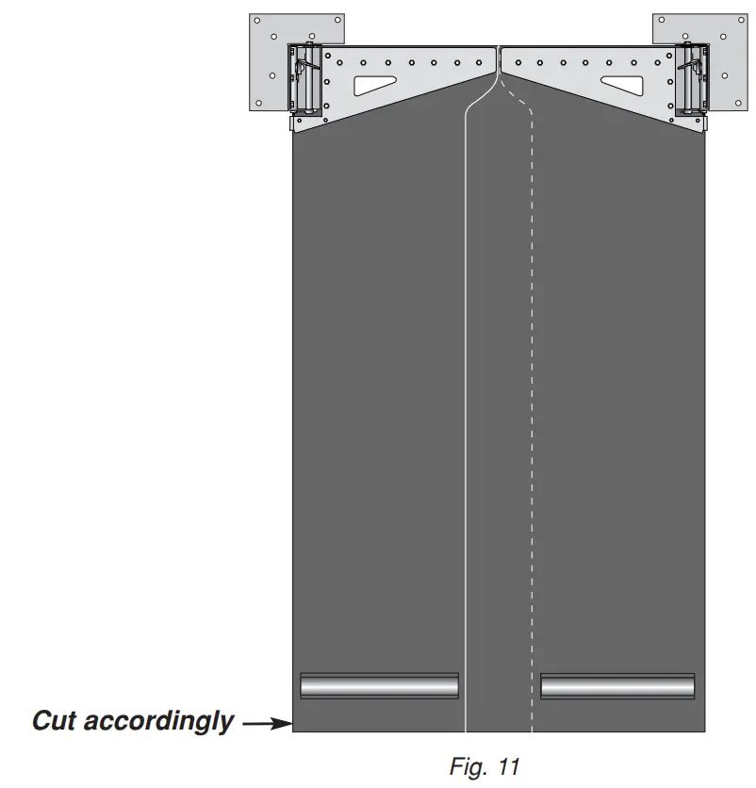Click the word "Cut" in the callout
pos(55,721)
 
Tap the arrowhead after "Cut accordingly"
pos(282,724)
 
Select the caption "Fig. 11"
pos(484,767)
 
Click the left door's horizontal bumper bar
pos(379,685)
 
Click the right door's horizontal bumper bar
pos(617,685)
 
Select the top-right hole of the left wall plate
pos(336,21)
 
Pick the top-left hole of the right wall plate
pos(662,21)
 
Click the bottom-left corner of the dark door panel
pos(293,731)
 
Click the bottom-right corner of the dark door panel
pos(705,731)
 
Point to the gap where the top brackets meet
pos(499,57)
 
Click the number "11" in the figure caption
pos(509,767)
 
